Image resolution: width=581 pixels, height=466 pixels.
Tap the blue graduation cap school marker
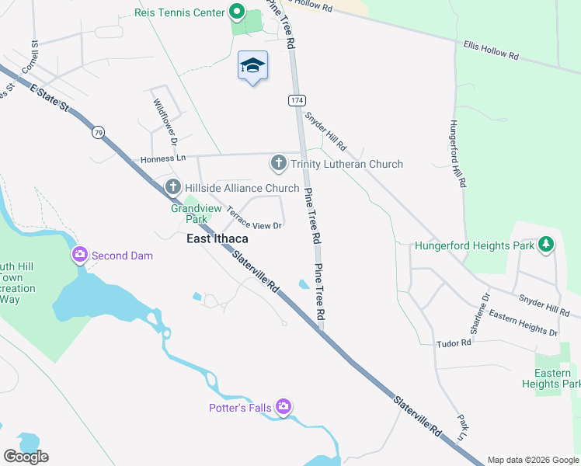(252, 65)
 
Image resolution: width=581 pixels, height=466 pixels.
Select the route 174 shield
(296, 100)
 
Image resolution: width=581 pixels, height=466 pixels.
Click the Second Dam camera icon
(80, 255)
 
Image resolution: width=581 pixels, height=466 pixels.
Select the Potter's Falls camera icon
(284, 406)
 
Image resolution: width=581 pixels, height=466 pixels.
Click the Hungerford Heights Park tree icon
(546, 245)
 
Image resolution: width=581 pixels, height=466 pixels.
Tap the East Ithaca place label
(217, 239)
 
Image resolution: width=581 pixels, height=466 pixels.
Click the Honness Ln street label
(164, 158)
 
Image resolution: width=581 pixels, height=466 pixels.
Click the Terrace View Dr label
(254, 217)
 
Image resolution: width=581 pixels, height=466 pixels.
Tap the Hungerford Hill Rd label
(457, 154)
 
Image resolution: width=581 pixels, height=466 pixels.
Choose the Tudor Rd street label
(454, 343)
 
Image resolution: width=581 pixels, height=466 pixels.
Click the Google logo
(26, 456)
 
